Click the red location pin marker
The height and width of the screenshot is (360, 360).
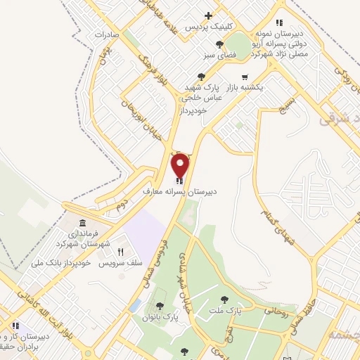[x=181, y=166]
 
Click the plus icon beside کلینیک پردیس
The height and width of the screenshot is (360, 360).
[x=208, y=15]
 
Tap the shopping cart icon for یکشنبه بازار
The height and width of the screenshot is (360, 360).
[x=245, y=77]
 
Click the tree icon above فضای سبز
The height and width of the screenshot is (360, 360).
[x=221, y=44]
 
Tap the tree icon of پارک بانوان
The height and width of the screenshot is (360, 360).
[x=160, y=305]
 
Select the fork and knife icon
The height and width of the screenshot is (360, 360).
[x=120, y=252]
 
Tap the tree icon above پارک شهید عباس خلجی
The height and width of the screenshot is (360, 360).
[x=202, y=77]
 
